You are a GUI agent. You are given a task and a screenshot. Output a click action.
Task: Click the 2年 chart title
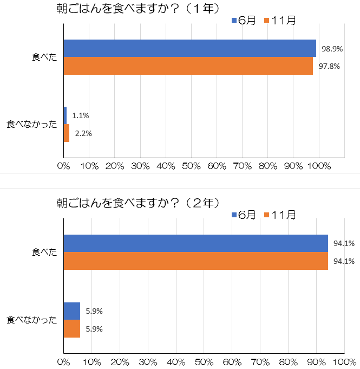(x=138, y=203)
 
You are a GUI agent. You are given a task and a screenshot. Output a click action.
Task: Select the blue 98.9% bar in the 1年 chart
(x=189, y=48)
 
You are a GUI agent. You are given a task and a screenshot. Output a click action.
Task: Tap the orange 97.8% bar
(x=188, y=66)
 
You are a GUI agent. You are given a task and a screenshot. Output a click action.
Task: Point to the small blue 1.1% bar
(x=65, y=115)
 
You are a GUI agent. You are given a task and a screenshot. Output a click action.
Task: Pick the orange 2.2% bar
(x=67, y=133)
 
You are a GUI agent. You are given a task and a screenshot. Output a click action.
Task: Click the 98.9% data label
(x=331, y=49)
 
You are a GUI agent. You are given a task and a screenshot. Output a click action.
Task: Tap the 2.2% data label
(x=83, y=133)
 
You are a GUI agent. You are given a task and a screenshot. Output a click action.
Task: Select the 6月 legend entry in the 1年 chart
(x=244, y=21)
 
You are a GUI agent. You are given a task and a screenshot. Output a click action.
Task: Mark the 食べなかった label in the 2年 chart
(x=32, y=320)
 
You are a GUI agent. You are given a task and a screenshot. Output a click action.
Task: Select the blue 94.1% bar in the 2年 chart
(x=195, y=243)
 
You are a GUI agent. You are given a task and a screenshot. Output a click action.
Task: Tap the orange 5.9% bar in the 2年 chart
(x=71, y=328)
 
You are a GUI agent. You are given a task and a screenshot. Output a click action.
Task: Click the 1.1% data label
(x=80, y=115)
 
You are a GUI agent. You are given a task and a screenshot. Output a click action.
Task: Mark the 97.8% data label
(x=329, y=66)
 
